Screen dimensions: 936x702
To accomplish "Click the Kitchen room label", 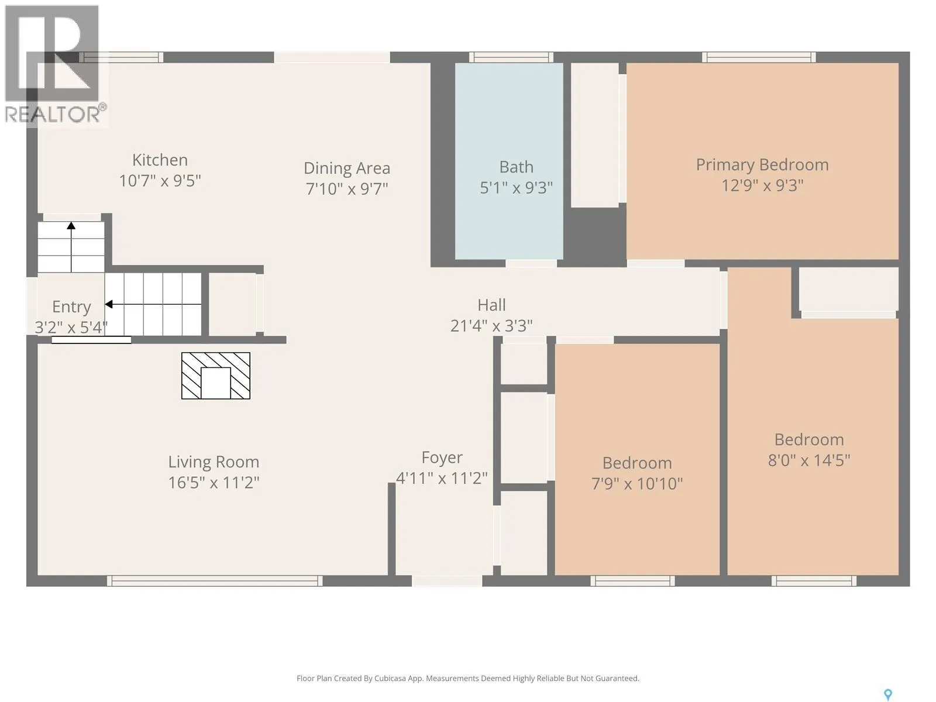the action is (x=160, y=160).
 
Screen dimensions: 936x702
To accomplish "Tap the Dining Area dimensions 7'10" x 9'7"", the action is (x=347, y=188).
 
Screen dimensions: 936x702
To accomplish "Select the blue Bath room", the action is (x=509, y=161).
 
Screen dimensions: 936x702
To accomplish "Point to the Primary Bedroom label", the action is (x=762, y=165).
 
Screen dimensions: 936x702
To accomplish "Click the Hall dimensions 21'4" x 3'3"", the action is (x=491, y=326).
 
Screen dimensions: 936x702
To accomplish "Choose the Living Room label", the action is (x=214, y=462).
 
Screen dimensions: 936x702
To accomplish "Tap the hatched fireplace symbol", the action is (x=216, y=376).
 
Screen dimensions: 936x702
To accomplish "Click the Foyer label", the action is (x=442, y=458).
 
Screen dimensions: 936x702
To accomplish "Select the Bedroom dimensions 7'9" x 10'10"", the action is (x=637, y=484).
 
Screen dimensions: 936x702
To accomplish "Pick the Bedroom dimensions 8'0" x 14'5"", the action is (x=809, y=460).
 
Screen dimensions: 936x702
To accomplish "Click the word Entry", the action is (x=71, y=307).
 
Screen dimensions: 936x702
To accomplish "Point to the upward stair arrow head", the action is (x=71, y=226).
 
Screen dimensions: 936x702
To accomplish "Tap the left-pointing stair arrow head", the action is (x=109, y=304).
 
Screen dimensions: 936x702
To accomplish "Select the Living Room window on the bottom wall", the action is (x=215, y=580).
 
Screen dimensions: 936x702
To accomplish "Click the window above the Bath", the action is (x=511, y=57).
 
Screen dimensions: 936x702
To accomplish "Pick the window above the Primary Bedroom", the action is (x=759, y=57).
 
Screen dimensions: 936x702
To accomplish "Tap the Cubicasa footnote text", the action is (x=468, y=679).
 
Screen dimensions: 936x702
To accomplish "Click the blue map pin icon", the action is (x=888, y=695).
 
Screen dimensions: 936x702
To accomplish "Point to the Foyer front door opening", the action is (x=447, y=581).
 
